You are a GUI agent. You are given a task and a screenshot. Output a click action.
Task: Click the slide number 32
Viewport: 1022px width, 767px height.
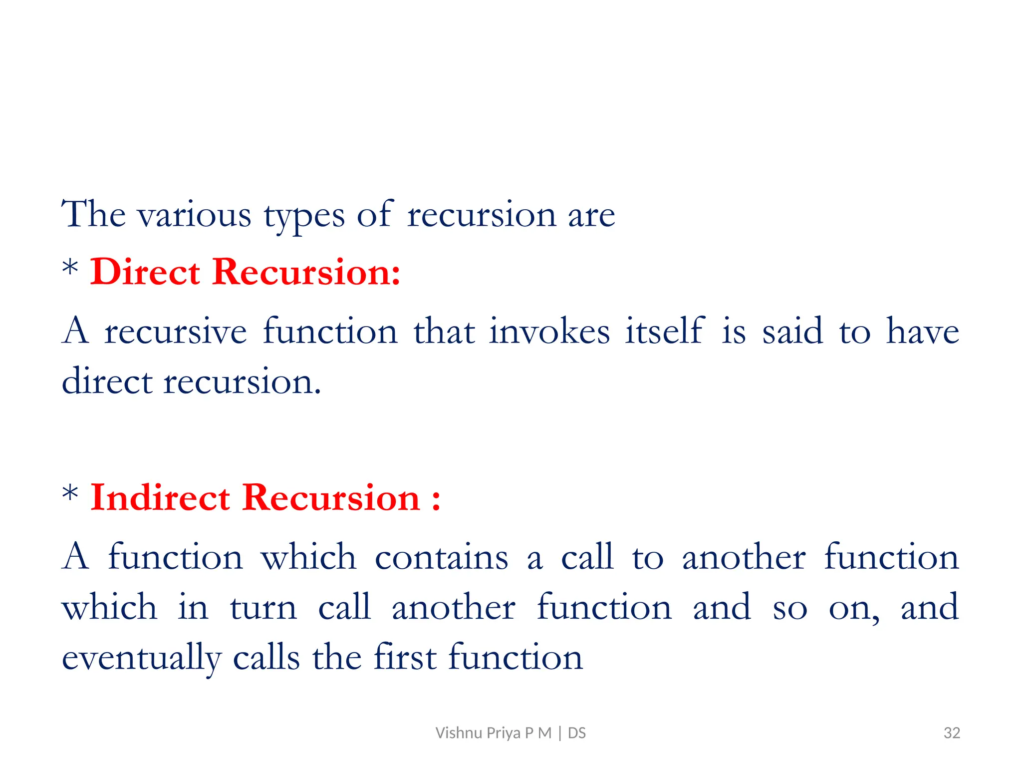(x=952, y=733)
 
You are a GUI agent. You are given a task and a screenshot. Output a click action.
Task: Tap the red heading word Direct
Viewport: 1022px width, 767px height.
(x=145, y=272)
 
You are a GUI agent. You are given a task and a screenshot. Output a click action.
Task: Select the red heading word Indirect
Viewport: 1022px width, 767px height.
(x=160, y=498)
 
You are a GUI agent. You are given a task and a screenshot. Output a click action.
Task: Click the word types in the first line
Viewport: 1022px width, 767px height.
(x=304, y=216)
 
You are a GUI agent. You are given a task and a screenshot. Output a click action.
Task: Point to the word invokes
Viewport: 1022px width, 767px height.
(x=549, y=331)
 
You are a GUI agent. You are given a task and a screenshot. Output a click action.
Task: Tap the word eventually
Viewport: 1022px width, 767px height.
(x=141, y=658)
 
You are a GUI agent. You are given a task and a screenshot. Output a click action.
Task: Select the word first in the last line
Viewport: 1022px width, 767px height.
(x=405, y=657)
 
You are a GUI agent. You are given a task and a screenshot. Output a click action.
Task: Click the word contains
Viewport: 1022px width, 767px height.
(x=442, y=557)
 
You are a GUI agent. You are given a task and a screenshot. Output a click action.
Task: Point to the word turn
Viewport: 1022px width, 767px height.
(x=263, y=608)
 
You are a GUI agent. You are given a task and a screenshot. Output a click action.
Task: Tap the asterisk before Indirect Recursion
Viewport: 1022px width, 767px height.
(x=70, y=494)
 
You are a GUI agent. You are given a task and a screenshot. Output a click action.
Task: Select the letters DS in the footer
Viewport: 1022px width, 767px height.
(x=577, y=733)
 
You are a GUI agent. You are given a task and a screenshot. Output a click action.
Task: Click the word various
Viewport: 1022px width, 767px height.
(x=195, y=215)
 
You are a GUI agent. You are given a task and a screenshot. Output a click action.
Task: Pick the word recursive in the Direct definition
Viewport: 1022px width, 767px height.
(x=176, y=332)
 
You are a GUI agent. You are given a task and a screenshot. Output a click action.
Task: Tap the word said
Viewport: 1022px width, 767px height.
(x=792, y=331)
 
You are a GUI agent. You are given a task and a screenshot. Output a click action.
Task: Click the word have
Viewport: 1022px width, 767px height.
(x=922, y=332)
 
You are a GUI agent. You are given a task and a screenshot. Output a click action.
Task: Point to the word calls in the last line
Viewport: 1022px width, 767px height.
(x=266, y=657)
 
